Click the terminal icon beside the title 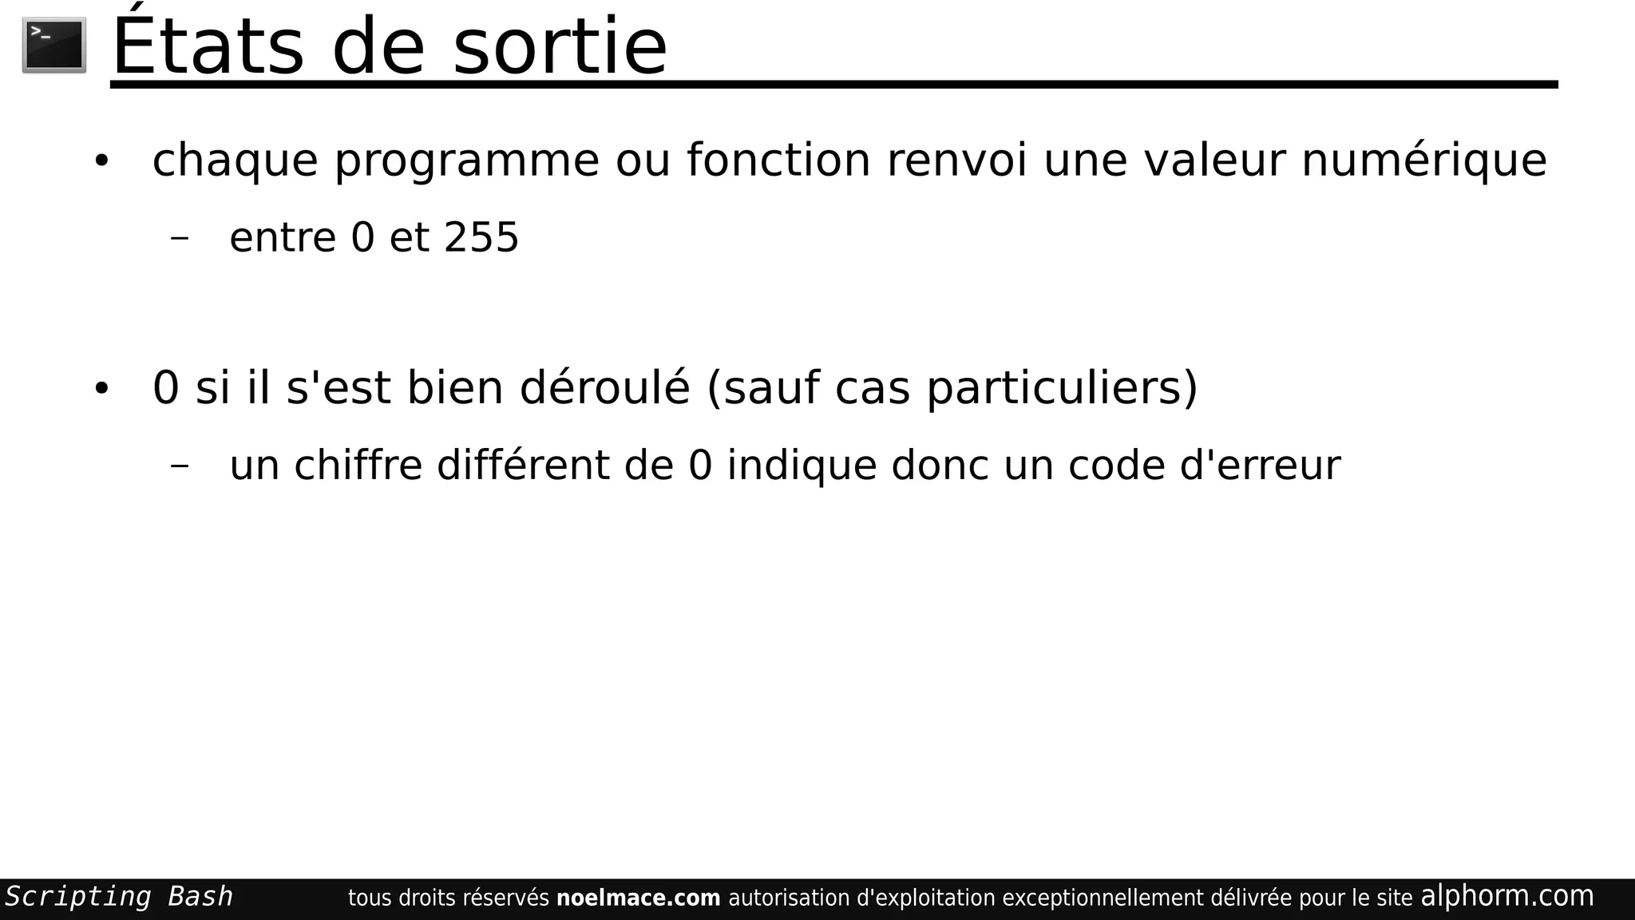point(54,46)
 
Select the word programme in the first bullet point(466,161)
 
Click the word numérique point(1423,161)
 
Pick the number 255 point(481,237)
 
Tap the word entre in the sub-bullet point(283,237)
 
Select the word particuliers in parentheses point(1062,388)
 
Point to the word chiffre point(358,465)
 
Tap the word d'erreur point(1260,465)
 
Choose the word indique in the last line point(802,466)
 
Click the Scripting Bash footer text point(119,897)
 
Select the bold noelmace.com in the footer point(638,898)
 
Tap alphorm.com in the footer point(1506,896)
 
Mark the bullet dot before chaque point(101,161)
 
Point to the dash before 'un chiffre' point(180,466)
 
